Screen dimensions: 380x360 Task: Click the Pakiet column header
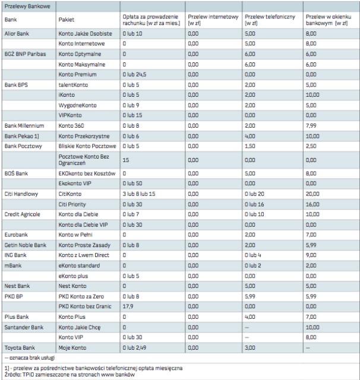pyautogui.click(x=66, y=20)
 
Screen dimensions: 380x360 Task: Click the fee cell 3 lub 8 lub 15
pyautogui.click(x=138, y=193)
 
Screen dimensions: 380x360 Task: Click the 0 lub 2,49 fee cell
pyautogui.click(x=134, y=346)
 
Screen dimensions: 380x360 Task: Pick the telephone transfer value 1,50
pyautogui.click(x=250, y=145)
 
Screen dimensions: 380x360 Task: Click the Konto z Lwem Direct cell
pyautogui.click(x=85, y=253)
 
